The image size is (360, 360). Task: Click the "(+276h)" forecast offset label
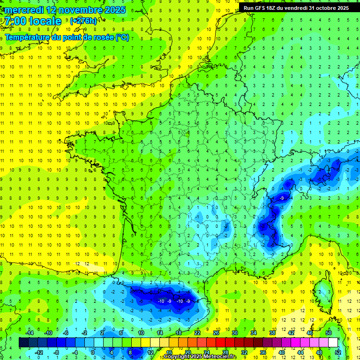click(83, 21)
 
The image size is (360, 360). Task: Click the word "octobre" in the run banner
click(323, 8)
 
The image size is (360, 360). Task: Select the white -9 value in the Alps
click(281, 199)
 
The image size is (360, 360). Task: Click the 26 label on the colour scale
click(216, 333)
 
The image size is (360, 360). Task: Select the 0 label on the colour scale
click(93, 352)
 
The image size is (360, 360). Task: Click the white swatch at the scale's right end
click(333, 343)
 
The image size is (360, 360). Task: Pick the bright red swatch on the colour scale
click(220, 343)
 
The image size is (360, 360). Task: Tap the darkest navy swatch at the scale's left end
click(23, 343)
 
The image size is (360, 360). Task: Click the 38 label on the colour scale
click(272, 333)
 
